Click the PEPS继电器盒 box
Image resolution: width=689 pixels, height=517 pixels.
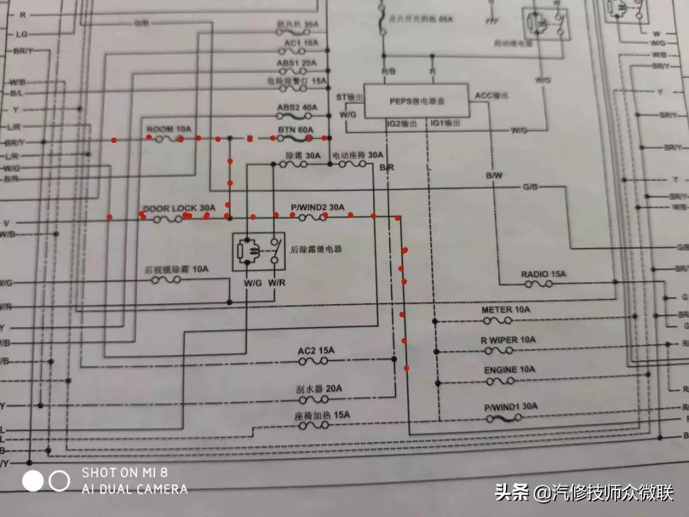tap(416, 101)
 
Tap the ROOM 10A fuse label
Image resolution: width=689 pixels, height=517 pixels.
tap(168, 129)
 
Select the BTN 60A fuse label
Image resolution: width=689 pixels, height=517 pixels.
tap(296, 130)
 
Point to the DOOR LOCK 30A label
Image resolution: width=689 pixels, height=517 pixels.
tap(179, 208)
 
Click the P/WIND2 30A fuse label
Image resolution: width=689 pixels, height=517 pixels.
tap(317, 207)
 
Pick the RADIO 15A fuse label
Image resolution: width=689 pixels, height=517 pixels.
tap(543, 274)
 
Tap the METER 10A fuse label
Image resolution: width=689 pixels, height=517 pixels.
tap(505, 310)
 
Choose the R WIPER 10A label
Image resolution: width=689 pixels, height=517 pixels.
tap(508, 340)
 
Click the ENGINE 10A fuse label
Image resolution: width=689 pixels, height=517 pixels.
tap(509, 370)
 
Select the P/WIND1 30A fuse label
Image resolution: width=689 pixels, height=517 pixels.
tap(510, 406)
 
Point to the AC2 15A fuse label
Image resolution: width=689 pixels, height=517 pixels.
tap(316, 351)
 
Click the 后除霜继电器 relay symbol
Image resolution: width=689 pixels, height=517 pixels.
tap(258, 251)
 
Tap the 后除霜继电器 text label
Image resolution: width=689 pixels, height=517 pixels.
tap(316, 249)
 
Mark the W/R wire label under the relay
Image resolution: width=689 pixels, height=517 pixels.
tap(276, 282)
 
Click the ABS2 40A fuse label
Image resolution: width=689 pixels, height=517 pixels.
tap(297, 108)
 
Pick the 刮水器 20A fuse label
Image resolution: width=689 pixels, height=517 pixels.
tap(319, 389)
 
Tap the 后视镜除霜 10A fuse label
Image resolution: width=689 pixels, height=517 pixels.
tap(177, 270)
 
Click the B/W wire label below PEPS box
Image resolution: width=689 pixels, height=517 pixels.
tap(494, 175)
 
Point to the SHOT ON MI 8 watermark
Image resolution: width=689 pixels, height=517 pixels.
tap(124, 473)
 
